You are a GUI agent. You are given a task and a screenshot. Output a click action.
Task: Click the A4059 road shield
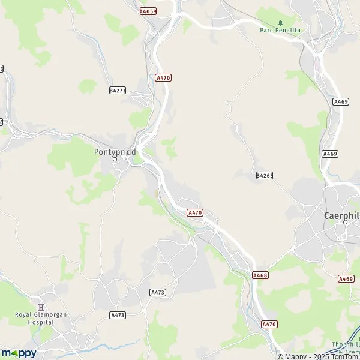(x=148, y=11)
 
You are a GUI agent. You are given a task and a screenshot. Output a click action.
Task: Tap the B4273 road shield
(x=118, y=90)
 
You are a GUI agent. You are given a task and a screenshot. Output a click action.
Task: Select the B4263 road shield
(x=264, y=175)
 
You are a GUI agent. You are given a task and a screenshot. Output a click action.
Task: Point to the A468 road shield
(x=260, y=275)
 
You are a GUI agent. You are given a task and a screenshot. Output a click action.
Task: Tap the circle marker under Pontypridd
(x=115, y=160)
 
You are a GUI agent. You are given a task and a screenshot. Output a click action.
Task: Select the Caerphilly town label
(x=341, y=215)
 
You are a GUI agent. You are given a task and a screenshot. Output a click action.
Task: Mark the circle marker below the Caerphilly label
(x=345, y=223)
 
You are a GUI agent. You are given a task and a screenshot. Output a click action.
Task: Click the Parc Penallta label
(x=280, y=30)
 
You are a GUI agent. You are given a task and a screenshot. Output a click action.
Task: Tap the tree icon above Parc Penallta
(x=280, y=23)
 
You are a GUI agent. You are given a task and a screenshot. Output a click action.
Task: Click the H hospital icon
(x=41, y=307)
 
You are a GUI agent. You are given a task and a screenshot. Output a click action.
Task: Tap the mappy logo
(x=19, y=353)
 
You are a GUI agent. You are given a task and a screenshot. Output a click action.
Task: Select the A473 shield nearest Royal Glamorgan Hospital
(x=118, y=315)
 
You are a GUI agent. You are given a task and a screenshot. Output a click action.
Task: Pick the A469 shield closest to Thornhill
(x=346, y=278)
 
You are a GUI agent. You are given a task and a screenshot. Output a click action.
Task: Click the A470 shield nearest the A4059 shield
(x=163, y=77)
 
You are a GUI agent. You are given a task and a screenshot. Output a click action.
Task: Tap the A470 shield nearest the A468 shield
(x=270, y=324)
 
